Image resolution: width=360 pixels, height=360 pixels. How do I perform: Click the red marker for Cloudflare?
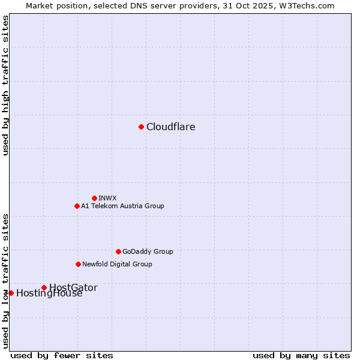click(141, 127)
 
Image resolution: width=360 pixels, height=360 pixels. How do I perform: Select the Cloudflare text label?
click(171, 127)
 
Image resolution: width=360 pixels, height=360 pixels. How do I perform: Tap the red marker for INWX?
click(94, 198)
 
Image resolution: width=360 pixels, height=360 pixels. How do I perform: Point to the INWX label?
click(107, 198)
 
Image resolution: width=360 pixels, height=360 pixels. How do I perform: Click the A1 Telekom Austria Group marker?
click(77, 206)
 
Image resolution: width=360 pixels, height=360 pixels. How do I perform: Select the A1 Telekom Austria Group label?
click(122, 206)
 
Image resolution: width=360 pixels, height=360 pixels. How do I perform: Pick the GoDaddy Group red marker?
click(118, 251)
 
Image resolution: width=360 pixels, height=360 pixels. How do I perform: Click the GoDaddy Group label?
click(148, 251)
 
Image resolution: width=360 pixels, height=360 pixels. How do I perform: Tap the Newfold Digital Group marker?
click(78, 264)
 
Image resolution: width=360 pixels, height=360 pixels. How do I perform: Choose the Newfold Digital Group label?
click(117, 264)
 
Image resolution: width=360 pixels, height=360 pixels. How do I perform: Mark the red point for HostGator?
click(44, 287)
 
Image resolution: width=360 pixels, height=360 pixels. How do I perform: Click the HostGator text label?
click(73, 287)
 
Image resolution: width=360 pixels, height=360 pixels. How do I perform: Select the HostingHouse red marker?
click(11, 293)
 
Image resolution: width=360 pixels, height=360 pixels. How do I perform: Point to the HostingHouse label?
click(49, 293)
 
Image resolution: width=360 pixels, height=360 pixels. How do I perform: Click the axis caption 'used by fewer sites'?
click(62, 355)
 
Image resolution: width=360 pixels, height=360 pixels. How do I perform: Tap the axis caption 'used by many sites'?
click(301, 355)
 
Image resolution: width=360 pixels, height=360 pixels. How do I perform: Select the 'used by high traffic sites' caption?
click(5, 85)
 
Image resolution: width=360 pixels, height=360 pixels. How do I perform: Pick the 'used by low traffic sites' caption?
click(5, 280)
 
